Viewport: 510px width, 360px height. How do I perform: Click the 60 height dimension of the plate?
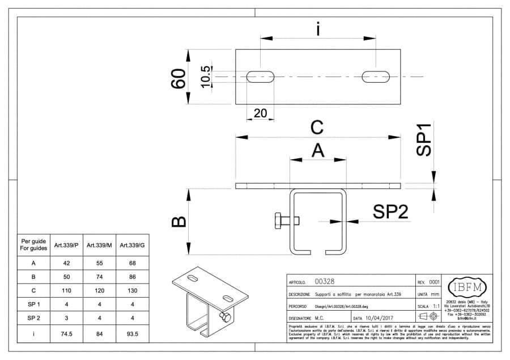[178, 78]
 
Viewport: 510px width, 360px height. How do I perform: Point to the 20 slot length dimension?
[260, 113]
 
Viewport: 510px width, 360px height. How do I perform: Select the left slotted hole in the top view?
[261, 77]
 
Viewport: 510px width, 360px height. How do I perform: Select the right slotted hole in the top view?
[377, 77]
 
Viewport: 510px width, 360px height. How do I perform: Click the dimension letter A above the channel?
[318, 150]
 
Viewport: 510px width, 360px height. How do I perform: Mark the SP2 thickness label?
[390, 212]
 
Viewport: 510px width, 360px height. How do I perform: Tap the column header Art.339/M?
[99, 245]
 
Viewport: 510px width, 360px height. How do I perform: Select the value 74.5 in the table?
[66, 334]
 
